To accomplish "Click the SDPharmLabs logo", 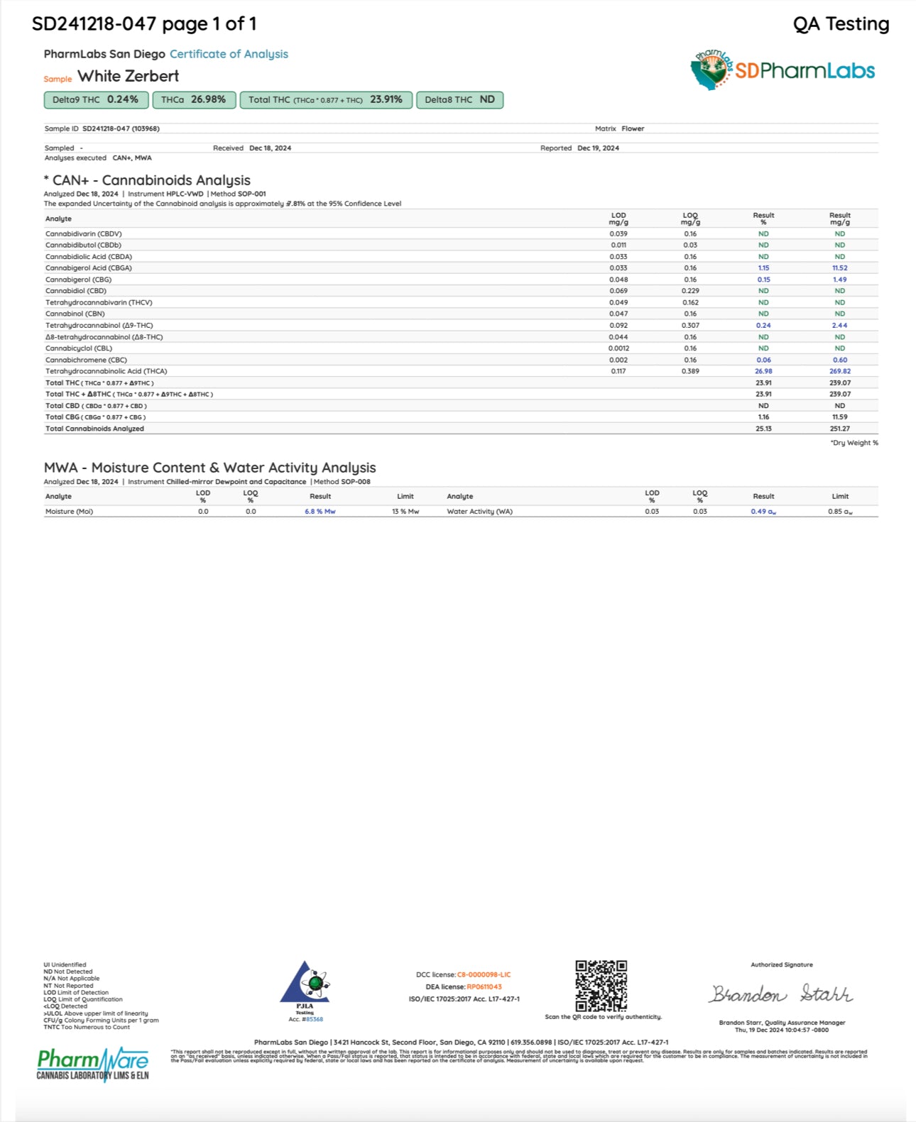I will pos(783,70).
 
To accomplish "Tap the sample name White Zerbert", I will pos(128,76).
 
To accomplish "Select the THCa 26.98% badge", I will pos(194,100).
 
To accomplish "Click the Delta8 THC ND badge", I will pos(459,100).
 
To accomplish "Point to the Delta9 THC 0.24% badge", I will pos(96,100).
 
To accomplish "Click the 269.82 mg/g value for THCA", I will pos(839,371).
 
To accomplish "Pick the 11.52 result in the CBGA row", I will pos(839,268).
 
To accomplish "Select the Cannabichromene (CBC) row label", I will pos(86,360).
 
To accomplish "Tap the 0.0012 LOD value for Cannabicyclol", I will pos(618,348).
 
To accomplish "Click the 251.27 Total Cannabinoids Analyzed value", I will pos(839,429).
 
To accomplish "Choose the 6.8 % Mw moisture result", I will pos(320,512).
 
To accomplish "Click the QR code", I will pos(601,986).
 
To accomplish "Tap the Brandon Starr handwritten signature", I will pos(781,994).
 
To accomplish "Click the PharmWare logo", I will pos(93,1064).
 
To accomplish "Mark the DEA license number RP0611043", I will pos(484,986).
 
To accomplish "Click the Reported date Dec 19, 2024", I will pos(598,148).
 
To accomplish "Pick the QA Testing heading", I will pos(841,24).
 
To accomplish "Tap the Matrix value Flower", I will pos(633,129).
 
